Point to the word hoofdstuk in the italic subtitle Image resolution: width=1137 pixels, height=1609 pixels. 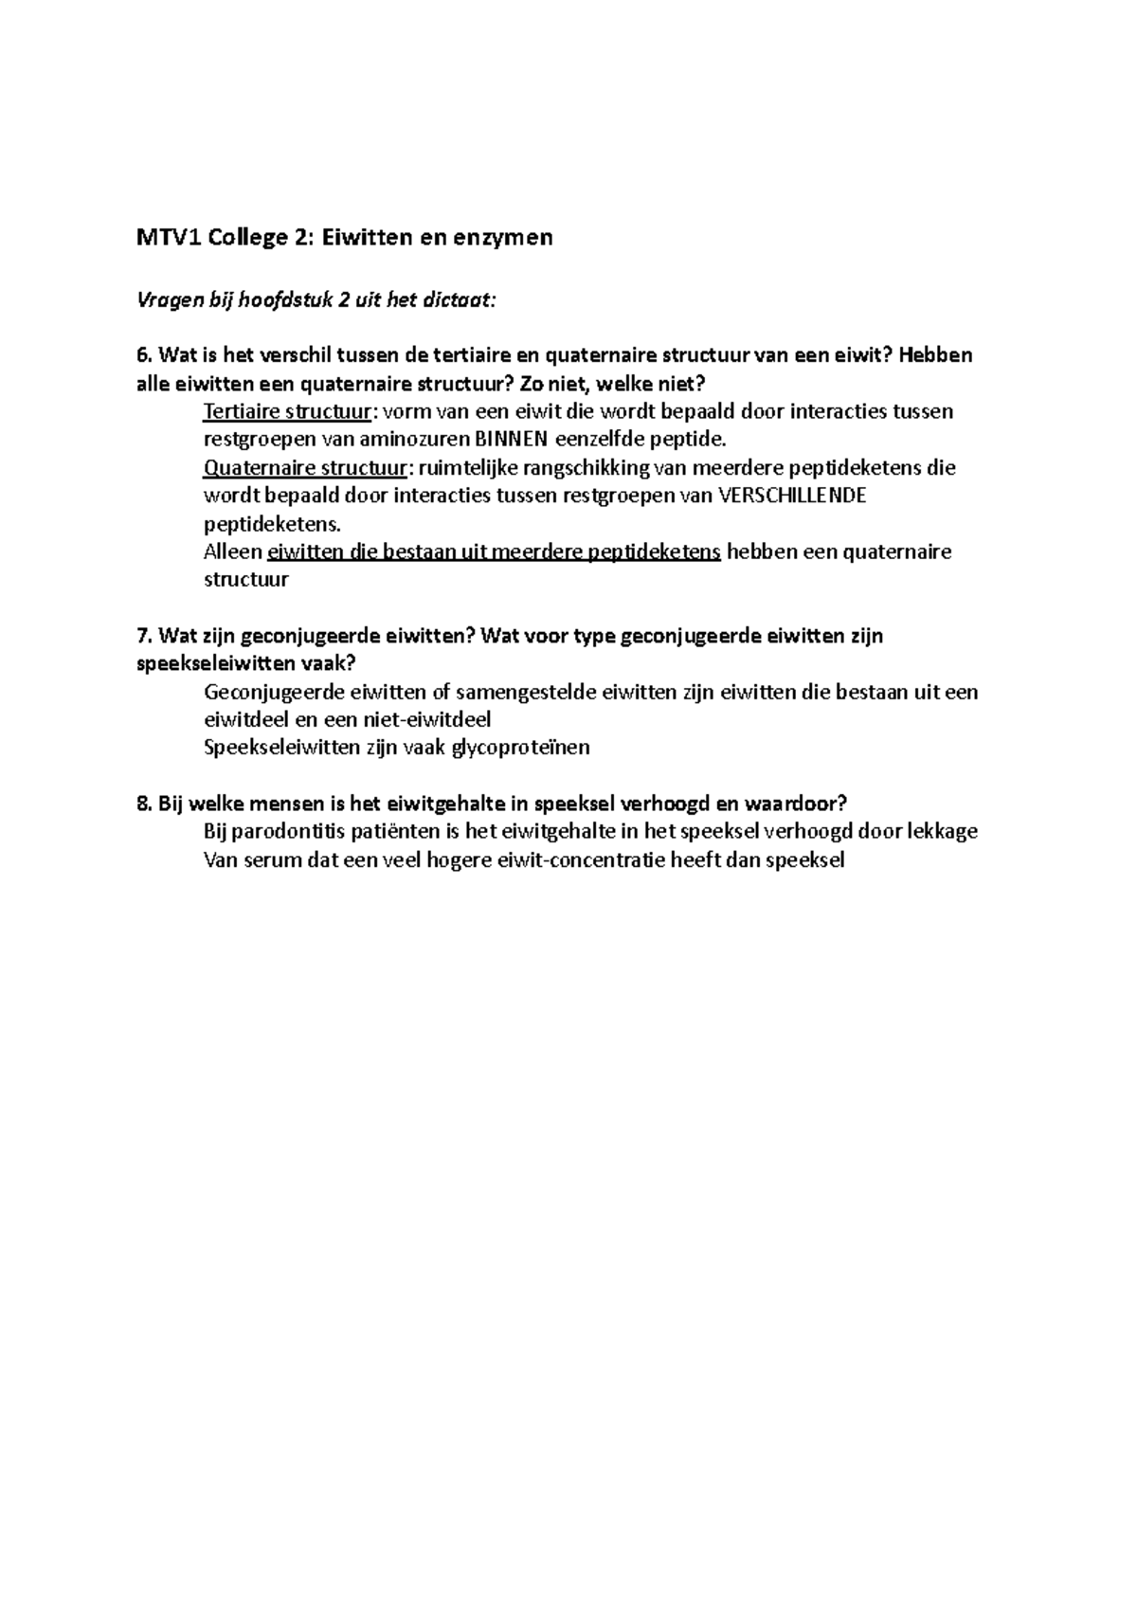(x=273, y=300)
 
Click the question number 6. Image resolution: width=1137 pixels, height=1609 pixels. (x=143, y=355)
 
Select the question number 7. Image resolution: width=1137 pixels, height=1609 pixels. (x=143, y=636)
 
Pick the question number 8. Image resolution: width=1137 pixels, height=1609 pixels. (x=143, y=804)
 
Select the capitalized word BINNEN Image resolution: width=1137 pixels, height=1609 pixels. (x=513, y=439)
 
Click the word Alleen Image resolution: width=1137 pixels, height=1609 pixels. (x=233, y=551)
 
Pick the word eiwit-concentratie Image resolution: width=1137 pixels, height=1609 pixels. (x=572, y=860)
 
